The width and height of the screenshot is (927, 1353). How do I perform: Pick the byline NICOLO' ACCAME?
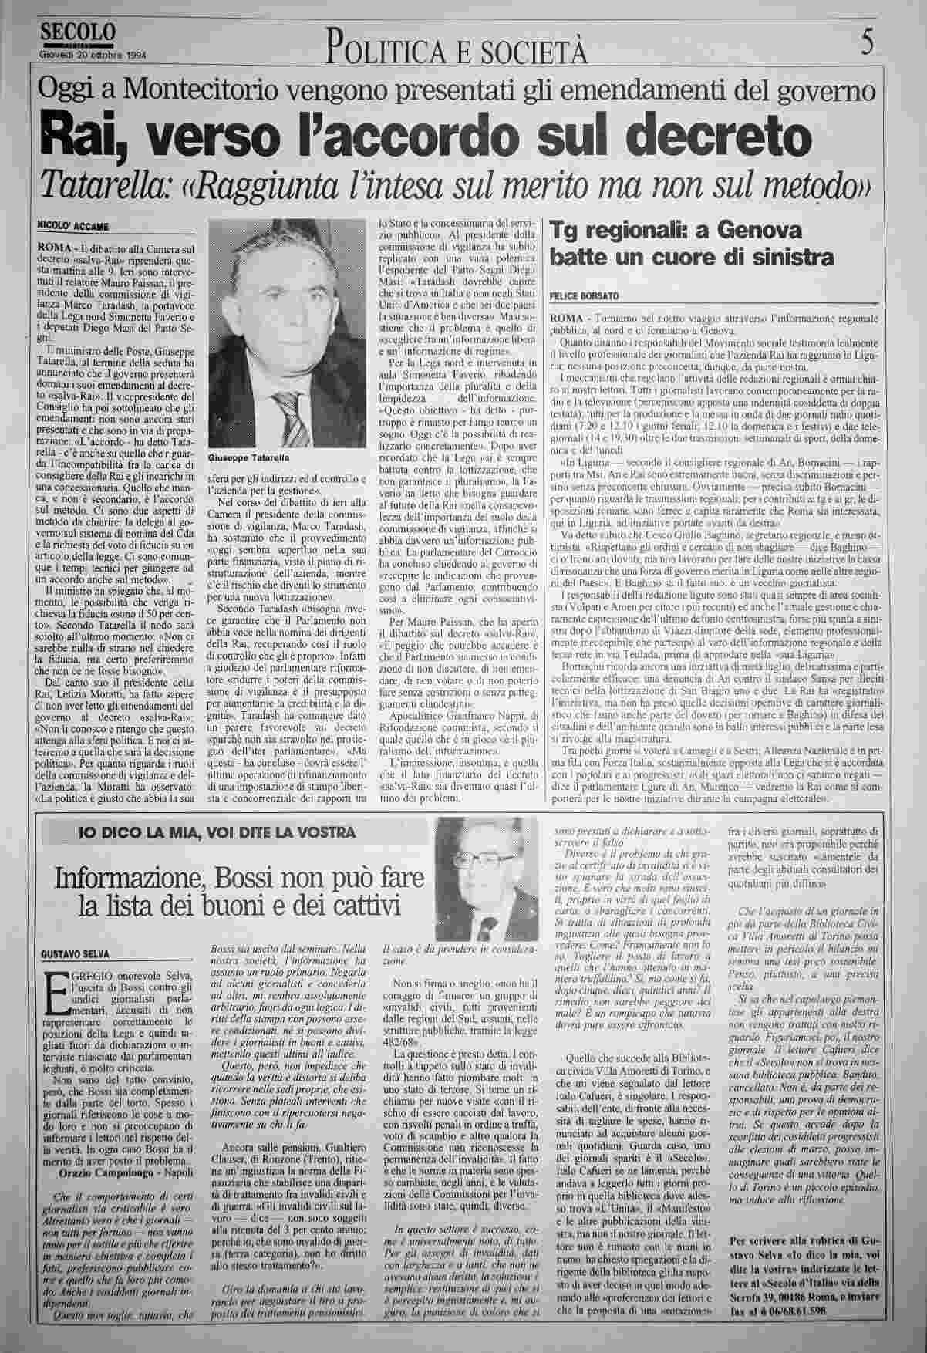(73, 225)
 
